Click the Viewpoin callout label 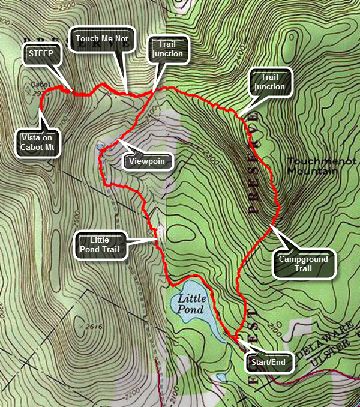pos(147,161)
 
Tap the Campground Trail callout pos(303,264)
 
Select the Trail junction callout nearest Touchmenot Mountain pos(269,82)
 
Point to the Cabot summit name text pos(31,83)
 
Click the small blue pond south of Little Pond pos(222,377)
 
